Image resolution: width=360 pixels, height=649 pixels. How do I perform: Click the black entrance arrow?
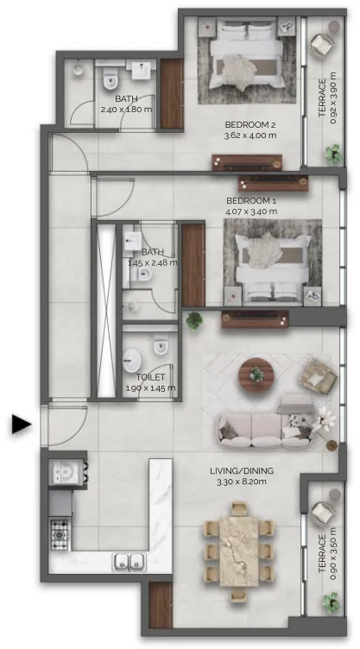coord(21,425)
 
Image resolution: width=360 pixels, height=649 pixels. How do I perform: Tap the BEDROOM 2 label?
coord(250,124)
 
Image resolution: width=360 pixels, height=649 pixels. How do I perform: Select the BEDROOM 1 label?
coord(251,201)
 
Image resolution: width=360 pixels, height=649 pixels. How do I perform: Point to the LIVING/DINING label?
coord(242,470)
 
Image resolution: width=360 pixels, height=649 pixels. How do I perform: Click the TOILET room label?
coord(151,377)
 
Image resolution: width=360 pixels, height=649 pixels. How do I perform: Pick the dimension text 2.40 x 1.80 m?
coord(126,110)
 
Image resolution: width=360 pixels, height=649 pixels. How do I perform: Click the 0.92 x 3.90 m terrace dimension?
coord(333,98)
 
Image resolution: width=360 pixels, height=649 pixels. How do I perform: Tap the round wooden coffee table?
coord(256,375)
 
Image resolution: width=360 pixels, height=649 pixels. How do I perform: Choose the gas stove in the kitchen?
coord(60,535)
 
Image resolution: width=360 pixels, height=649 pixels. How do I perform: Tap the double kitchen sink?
coord(129,562)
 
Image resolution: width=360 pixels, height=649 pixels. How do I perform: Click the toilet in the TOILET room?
coord(161,345)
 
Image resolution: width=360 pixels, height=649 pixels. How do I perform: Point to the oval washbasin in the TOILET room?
coord(132,361)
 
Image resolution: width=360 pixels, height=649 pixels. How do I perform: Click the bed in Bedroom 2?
coord(247,54)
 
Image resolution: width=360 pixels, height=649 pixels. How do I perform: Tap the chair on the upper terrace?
coord(322,45)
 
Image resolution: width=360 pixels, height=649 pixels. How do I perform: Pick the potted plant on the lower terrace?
coord(332,602)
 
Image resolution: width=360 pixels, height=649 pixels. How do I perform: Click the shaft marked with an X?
coord(105,312)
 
